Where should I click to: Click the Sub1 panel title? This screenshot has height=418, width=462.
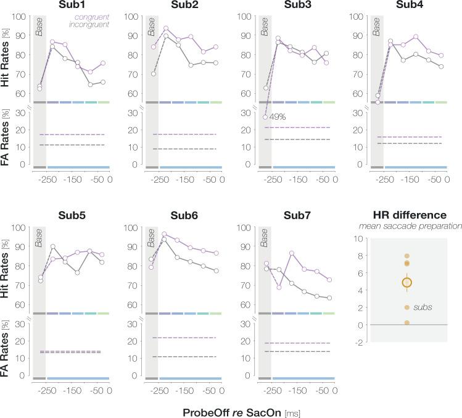[x=72, y=6]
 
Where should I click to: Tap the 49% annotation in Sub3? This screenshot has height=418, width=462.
[x=276, y=116]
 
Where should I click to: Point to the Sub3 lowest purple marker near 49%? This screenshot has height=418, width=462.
[x=265, y=117]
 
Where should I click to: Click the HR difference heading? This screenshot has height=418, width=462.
[x=406, y=215]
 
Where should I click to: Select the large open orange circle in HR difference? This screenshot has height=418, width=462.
[x=406, y=282]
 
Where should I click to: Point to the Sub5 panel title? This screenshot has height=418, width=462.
[x=72, y=216]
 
